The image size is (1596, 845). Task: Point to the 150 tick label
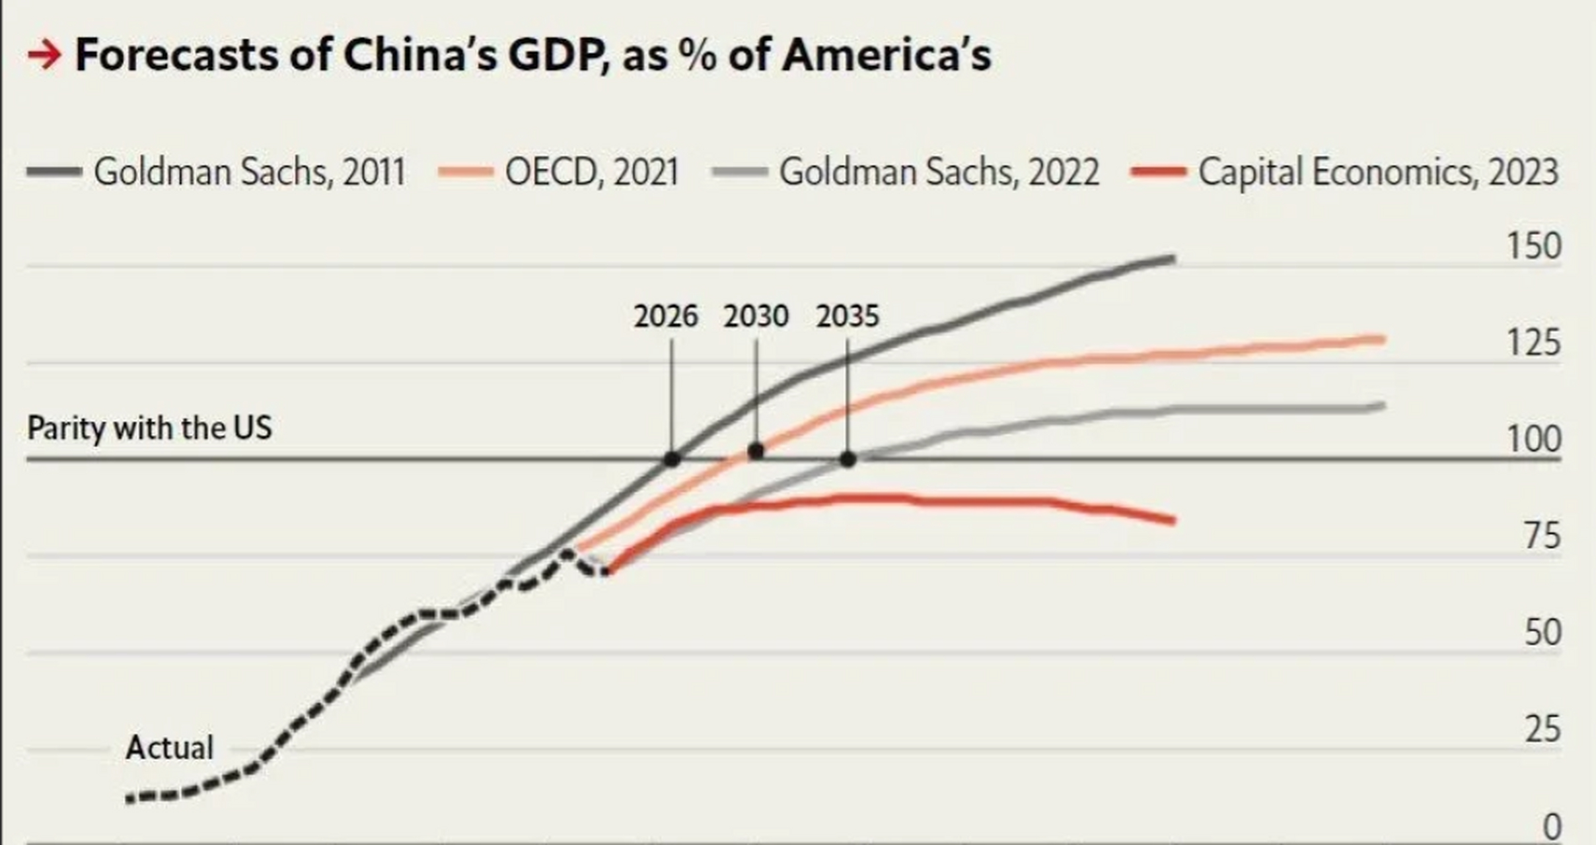click(x=1533, y=246)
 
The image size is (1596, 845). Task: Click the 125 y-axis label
click(x=1533, y=343)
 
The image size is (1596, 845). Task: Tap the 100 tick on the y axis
click(x=1533, y=440)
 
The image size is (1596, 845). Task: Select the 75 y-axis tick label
click(x=1542, y=536)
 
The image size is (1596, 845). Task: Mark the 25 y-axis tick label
click(x=1542, y=729)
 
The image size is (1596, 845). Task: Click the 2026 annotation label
click(x=665, y=317)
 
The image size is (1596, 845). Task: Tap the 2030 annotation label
click(x=756, y=317)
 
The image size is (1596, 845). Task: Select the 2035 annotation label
click(x=848, y=317)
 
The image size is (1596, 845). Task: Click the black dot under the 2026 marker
click(x=672, y=459)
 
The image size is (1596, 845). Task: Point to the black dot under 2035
click(x=848, y=459)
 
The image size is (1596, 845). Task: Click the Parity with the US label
click(x=149, y=428)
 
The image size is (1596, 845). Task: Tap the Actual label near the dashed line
click(x=170, y=748)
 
